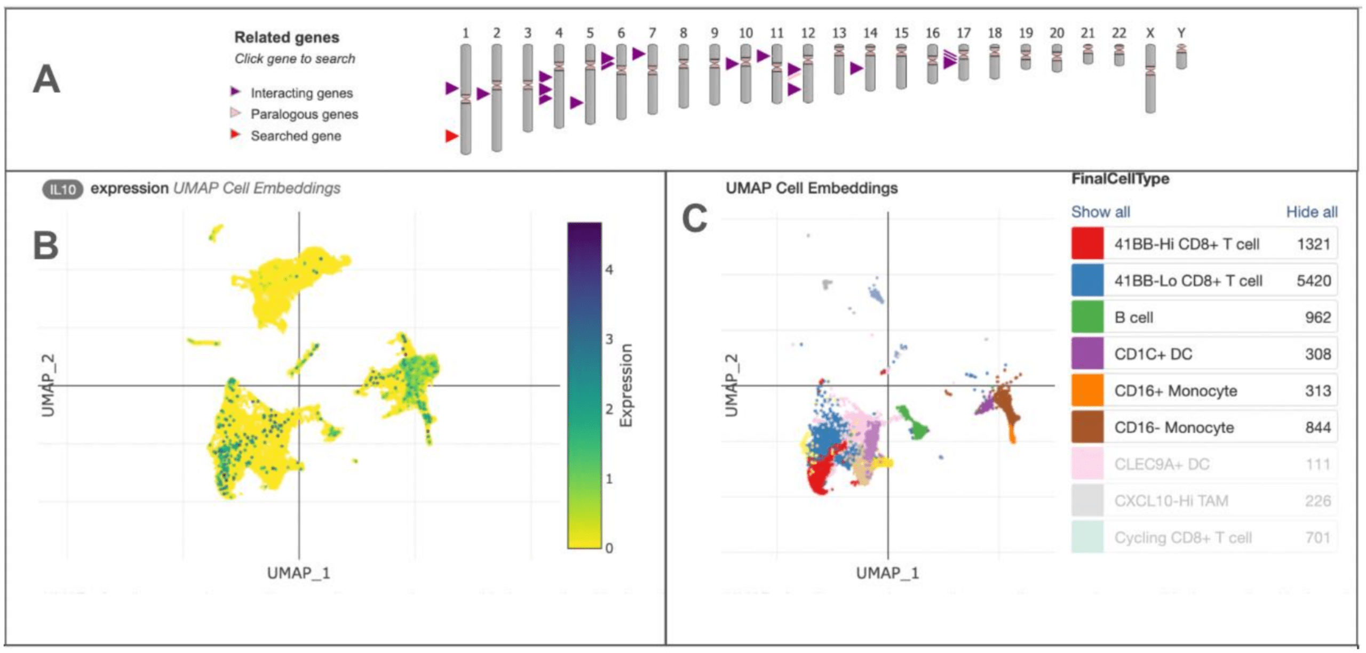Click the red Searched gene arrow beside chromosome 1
[x=451, y=136]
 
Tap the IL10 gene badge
[x=62, y=189]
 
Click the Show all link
[x=1100, y=212]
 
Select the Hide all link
[x=1311, y=212]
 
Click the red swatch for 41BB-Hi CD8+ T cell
[x=1087, y=244]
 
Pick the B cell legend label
[x=1133, y=318]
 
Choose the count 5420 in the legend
[x=1313, y=281]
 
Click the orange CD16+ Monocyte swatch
[x=1087, y=391]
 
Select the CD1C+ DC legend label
[x=1153, y=354]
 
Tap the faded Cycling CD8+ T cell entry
[x=1182, y=537]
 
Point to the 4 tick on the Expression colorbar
[x=609, y=270]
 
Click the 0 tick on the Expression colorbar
[x=609, y=548]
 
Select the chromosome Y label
[x=1181, y=33]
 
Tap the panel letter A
[x=46, y=80]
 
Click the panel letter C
[x=694, y=219]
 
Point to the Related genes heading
[x=287, y=37]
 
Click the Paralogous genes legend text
[x=304, y=114]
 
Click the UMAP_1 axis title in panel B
[x=298, y=573]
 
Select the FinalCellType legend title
[x=1120, y=179]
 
